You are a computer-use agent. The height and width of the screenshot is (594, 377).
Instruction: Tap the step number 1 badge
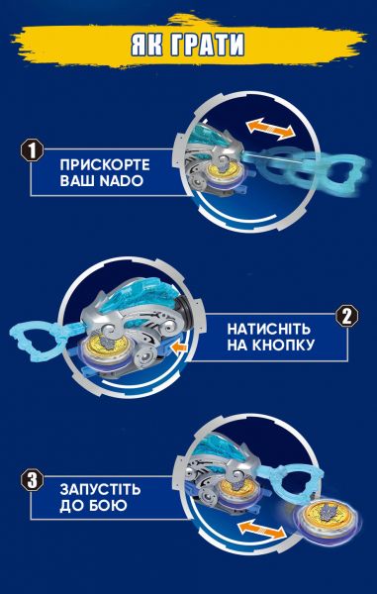click(31, 151)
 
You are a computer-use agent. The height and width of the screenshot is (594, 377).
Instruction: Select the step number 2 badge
click(346, 317)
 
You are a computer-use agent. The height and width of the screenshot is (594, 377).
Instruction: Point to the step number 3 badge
click(31, 482)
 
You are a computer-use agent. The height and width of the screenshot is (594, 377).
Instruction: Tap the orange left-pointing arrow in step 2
click(176, 349)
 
